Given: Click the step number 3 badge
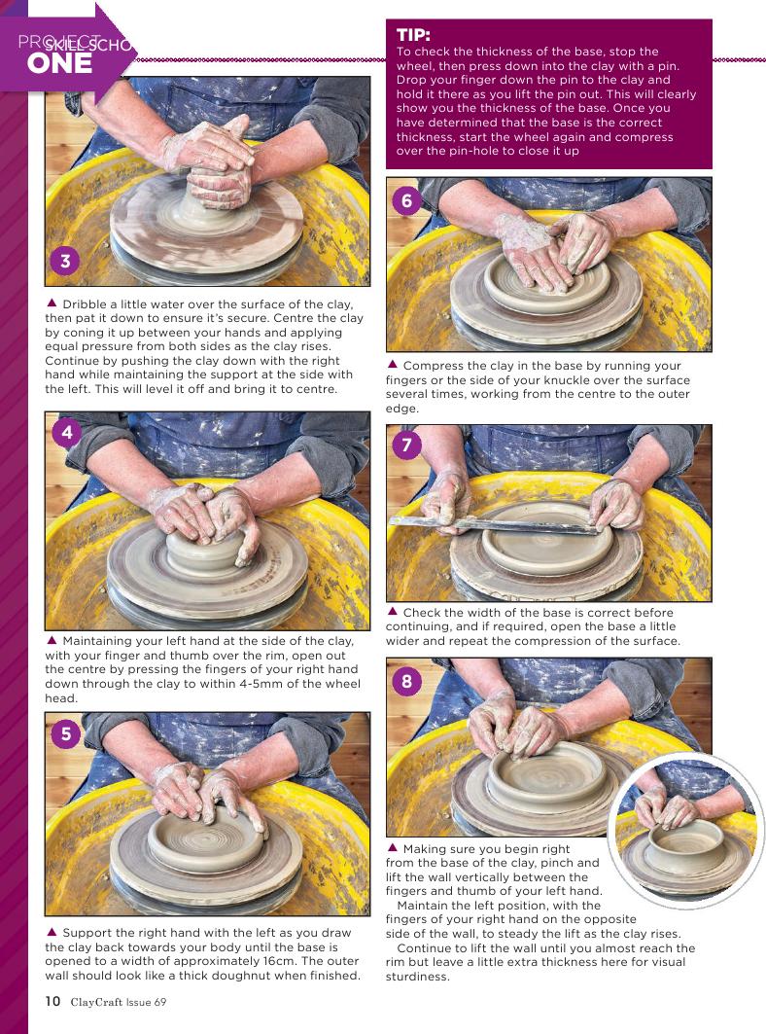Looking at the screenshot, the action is [x=65, y=261].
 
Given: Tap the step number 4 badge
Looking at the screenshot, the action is [x=66, y=433].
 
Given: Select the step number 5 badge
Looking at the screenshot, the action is [x=66, y=733].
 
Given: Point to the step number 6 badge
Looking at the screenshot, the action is [x=406, y=199].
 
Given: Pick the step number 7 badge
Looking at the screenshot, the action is [x=406, y=446].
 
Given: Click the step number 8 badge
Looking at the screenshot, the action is [x=406, y=680].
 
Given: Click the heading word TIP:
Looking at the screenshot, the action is [x=413, y=35].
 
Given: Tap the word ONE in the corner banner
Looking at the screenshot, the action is [x=59, y=63].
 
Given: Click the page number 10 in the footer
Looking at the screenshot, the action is [x=52, y=1001].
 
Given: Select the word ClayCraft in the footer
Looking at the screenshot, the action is [x=96, y=1002].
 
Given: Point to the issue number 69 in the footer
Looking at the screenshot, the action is [x=159, y=1002].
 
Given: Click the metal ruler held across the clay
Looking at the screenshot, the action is [x=495, y=525].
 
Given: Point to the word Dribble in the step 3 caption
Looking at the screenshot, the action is [x=83, y=304].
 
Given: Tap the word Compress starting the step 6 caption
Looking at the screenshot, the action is [x=432, y=366].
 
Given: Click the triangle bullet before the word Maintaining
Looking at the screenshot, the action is [x=52, y=640].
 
